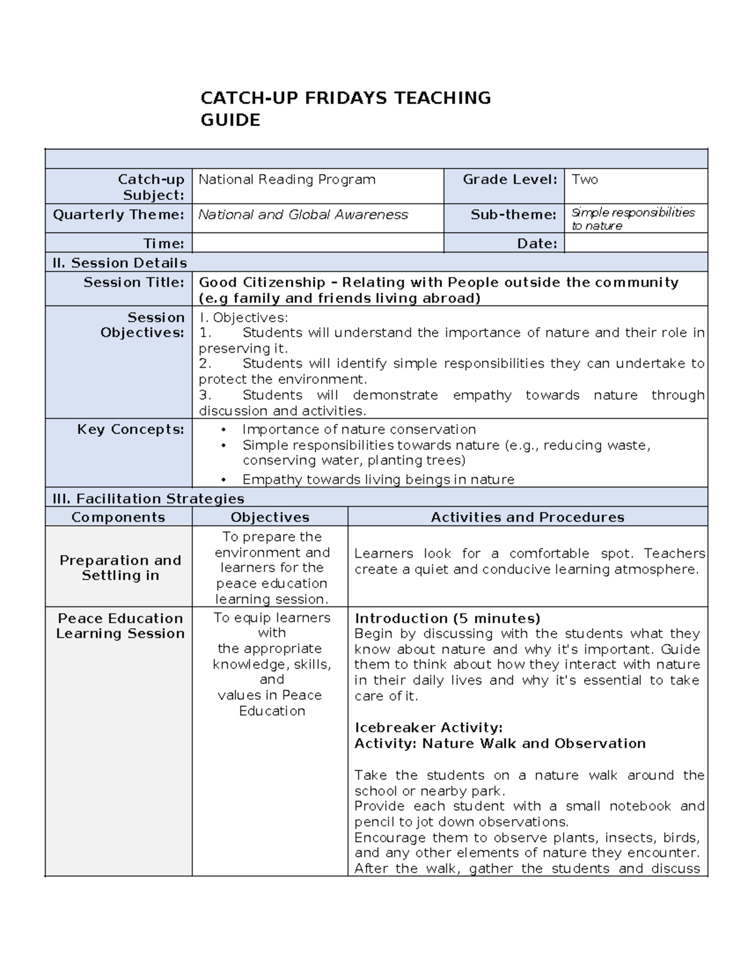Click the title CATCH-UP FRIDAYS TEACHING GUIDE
[345, 108]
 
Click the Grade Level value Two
[585, 180]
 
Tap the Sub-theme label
[513, 214]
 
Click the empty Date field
[635, 243]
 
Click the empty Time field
[317, 243]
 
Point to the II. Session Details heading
[120, 262]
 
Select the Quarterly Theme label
[118, 214]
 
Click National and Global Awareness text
[303, 214]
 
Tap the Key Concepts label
[130, 429]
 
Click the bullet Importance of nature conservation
[358, 429]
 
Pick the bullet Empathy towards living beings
[378, 479]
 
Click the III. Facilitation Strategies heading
[148, 499]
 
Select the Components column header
[118, 517]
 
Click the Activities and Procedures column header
[527, 517]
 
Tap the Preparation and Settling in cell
[120, 567]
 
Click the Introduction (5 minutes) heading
[447, 618]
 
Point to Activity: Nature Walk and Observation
[500, 743]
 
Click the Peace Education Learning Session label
[120, 626]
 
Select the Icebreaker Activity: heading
[428, 727]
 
